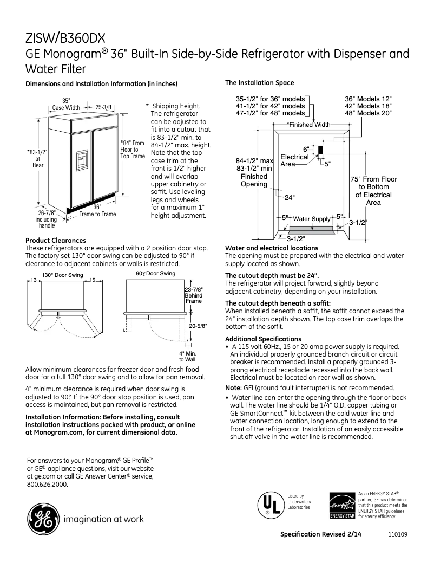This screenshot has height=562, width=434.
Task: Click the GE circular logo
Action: tap(42, 519)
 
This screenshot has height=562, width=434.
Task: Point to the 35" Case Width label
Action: tap(65, 104)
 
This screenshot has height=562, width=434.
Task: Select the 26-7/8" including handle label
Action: tap(46, 219)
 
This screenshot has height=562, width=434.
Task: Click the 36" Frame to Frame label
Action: tap(97, 210)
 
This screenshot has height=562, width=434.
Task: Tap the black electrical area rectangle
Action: tap(320, 150)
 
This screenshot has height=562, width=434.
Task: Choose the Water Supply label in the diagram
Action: tap(311, 219)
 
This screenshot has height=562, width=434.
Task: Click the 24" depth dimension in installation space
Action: tap(290, 197)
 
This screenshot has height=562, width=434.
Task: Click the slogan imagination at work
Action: tap(104, 519)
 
